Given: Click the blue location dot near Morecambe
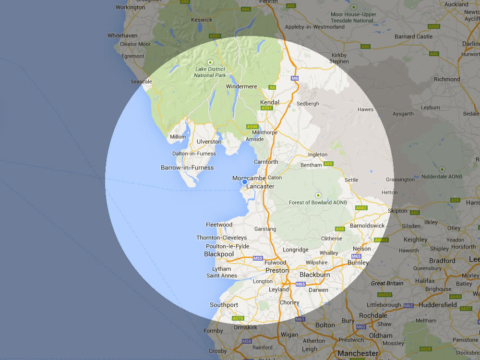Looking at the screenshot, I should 245,182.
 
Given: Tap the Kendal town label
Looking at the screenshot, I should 269,102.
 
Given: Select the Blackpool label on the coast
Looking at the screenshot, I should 219,254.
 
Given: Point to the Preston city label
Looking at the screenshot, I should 277,270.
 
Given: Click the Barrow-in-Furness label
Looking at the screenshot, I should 187,168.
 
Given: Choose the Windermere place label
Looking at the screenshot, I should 241,86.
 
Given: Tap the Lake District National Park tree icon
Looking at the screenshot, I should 210,62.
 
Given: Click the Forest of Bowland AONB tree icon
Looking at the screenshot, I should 317,195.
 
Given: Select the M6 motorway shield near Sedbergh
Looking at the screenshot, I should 295,78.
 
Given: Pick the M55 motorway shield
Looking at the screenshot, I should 258,258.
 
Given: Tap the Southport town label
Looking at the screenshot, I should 224,305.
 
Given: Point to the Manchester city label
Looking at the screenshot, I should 358,353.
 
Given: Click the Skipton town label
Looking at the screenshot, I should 397,211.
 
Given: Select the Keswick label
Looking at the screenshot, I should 202,20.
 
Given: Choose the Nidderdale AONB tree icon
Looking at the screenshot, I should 442,169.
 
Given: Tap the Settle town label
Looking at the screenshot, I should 351,180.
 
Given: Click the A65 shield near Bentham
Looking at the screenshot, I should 328,164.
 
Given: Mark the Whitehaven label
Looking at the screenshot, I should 122,36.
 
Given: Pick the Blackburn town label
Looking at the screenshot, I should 314,275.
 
